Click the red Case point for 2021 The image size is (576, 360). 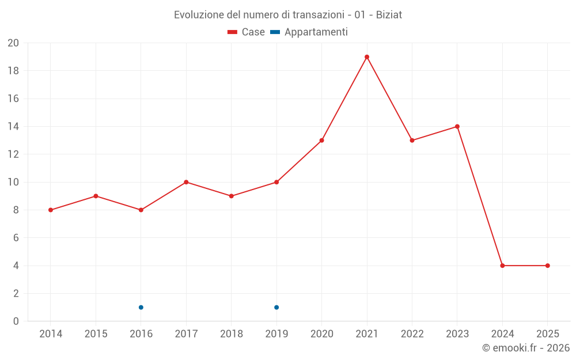[367, 57]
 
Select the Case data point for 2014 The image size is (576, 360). [51, 210]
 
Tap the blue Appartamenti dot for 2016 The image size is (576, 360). [141, 307]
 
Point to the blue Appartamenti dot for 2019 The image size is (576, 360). [276, 307]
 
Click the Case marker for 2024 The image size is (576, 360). [502, 266]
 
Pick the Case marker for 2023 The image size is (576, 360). [457, 127]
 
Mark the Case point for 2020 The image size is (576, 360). [322, 141]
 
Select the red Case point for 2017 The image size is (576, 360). [186, 182]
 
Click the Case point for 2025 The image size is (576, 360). [548, 266]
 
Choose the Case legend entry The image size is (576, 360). [247, 32]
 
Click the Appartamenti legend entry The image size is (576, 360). [309, 32]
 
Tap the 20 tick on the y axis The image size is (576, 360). [13, 43]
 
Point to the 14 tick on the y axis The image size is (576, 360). [13, 127]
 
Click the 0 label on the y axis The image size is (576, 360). [16, 321]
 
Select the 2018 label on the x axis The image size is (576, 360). [232, 334]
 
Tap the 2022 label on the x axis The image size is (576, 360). [412, 334]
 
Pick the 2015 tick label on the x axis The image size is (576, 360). [96, 334]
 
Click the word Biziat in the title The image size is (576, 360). [389, 15]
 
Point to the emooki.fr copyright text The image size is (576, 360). [526, 348]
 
